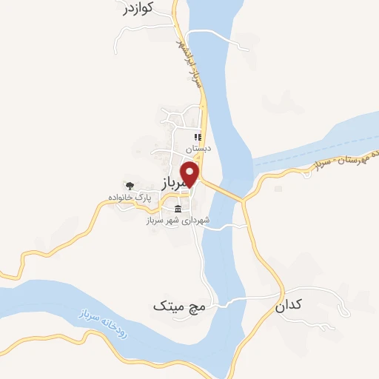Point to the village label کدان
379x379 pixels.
click(x=290, y=304)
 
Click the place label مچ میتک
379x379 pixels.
click(x=178, y=304)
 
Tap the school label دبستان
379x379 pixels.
click(x=198, y=148)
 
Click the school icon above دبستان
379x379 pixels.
click(x=198, y=137)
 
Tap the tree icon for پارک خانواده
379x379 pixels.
click(x=130, y=186)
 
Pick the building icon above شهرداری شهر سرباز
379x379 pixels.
click(x=178, y=209)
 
